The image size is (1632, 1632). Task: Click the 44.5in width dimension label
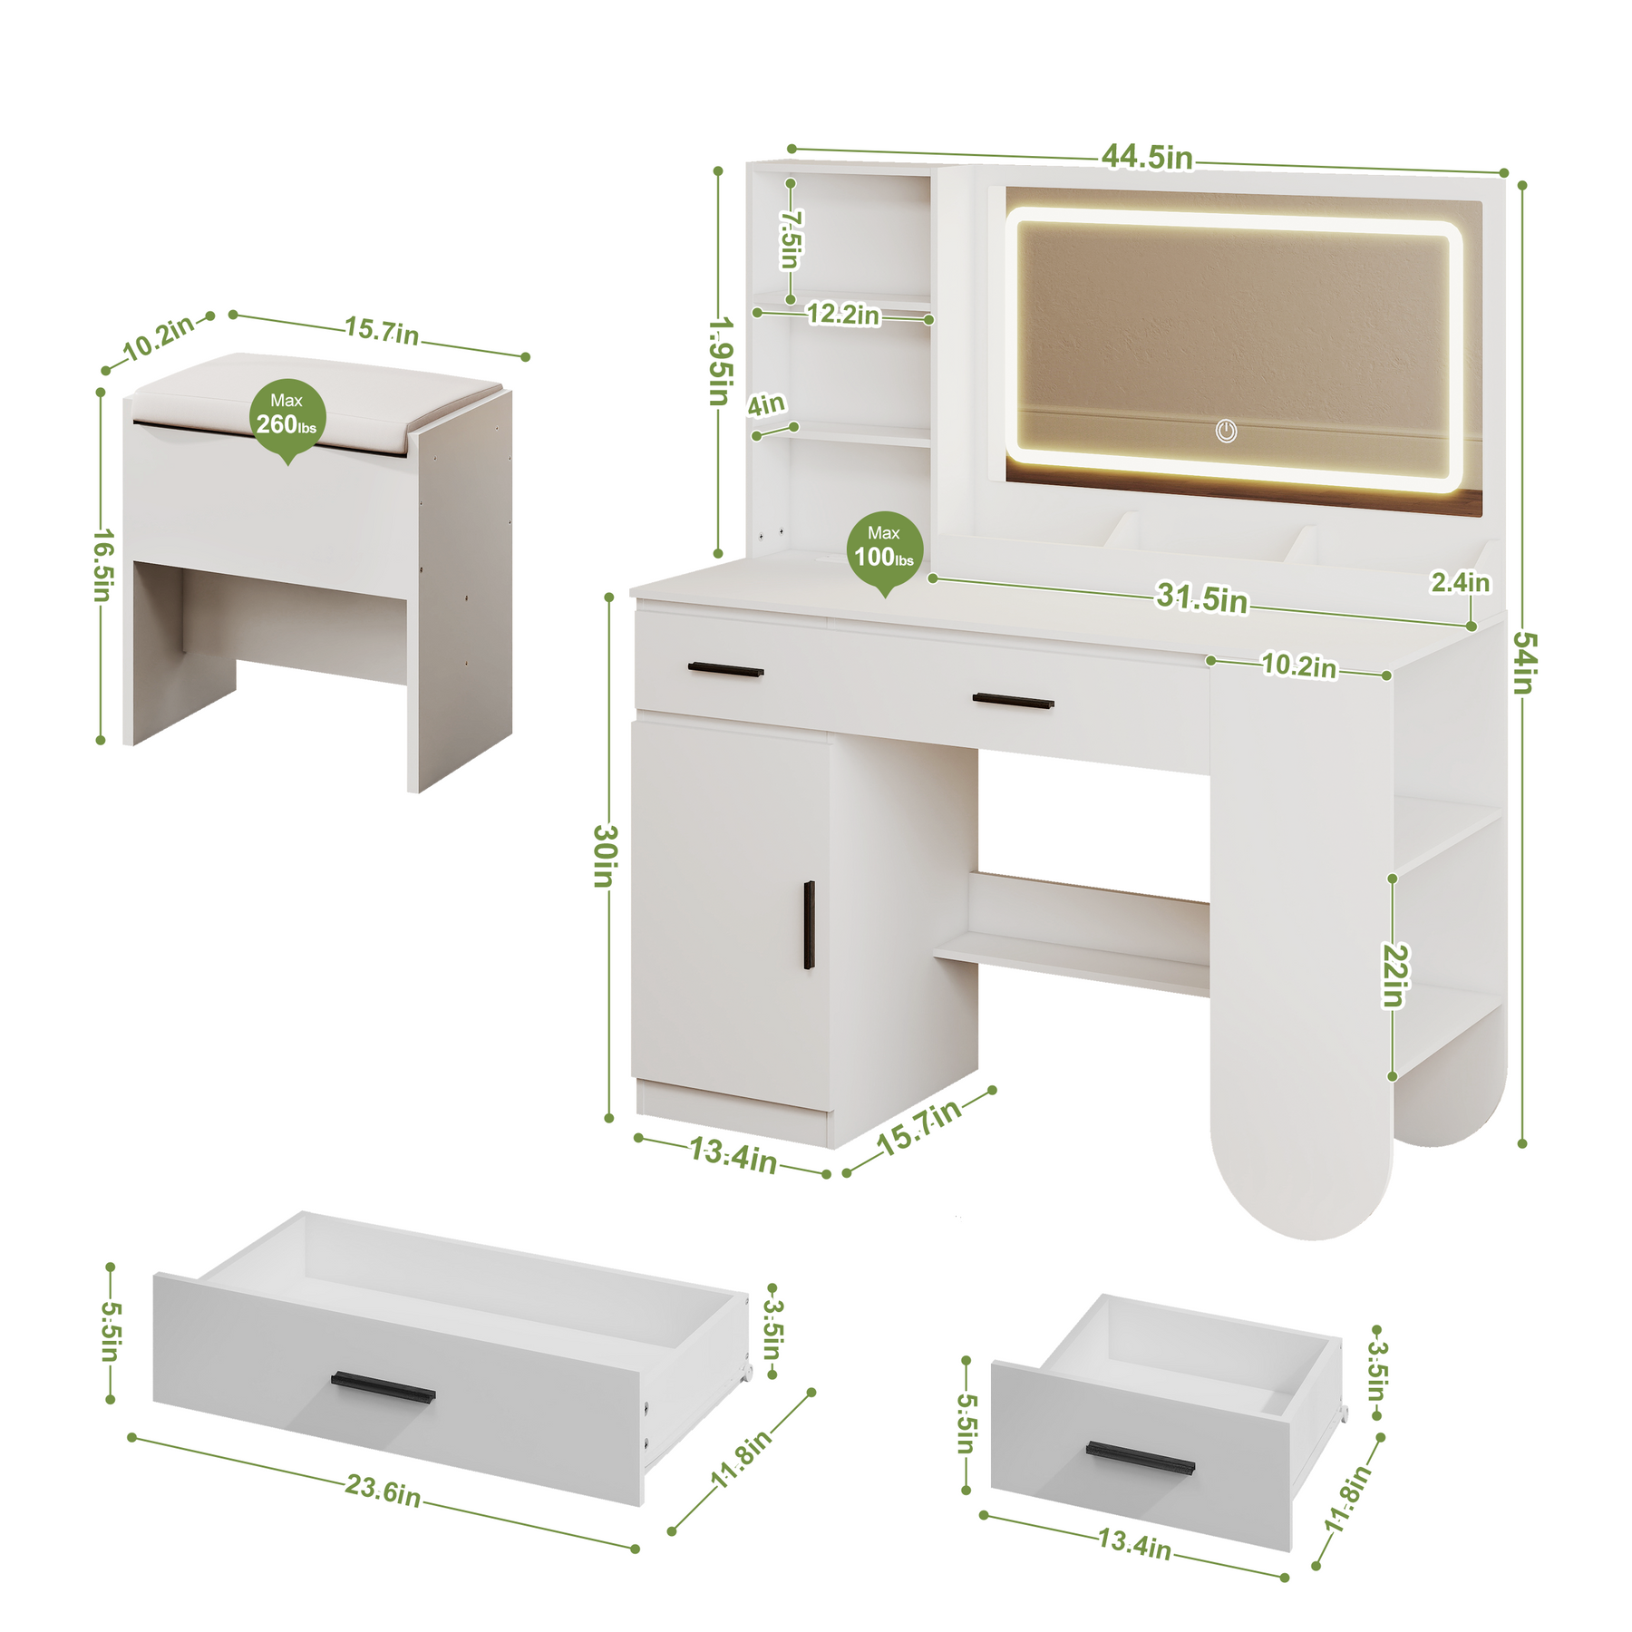point(1147,157)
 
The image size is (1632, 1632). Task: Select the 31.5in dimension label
point(1201,598)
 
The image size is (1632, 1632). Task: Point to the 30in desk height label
point(606,856)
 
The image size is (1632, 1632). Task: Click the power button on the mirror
point(1226,431)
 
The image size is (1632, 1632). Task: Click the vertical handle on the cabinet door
point(809,925)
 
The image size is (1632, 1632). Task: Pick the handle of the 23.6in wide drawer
point(383,1387)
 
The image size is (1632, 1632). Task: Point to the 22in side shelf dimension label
point(1395,976)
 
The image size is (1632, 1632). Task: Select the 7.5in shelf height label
point(791,239)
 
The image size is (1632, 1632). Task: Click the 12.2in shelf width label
point(843,314)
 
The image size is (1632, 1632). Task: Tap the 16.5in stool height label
point(103,566)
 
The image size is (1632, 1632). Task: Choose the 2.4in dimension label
point(1460,582)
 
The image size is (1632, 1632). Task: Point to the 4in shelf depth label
point(766,404)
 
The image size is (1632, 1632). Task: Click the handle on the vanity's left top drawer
point(725,670)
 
